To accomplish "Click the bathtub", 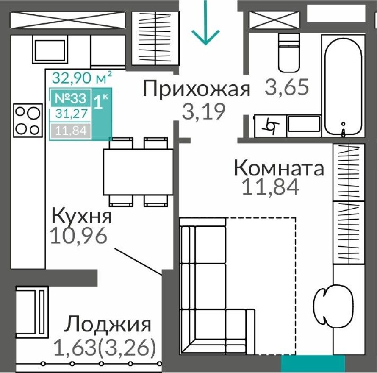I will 343,85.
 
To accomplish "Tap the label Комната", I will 279,168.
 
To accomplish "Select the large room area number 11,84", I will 271,186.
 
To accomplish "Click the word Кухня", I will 82,216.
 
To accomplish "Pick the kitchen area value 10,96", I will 78,236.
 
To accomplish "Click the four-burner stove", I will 28,120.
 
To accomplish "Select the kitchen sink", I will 50,49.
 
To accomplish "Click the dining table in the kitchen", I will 138,171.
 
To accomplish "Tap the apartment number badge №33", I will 70,99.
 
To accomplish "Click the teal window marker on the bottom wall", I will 313,363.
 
